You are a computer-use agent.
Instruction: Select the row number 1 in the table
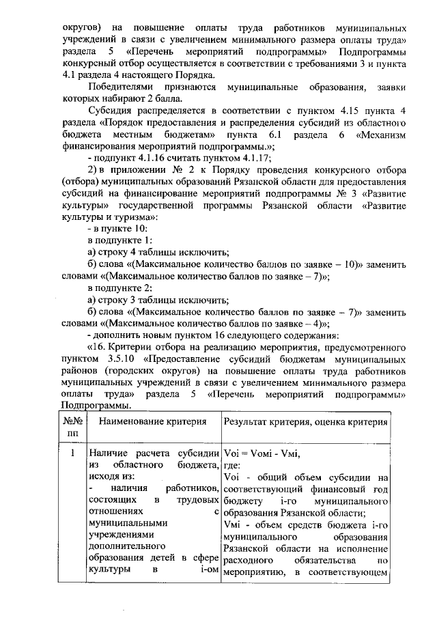[x=72, y=453]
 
